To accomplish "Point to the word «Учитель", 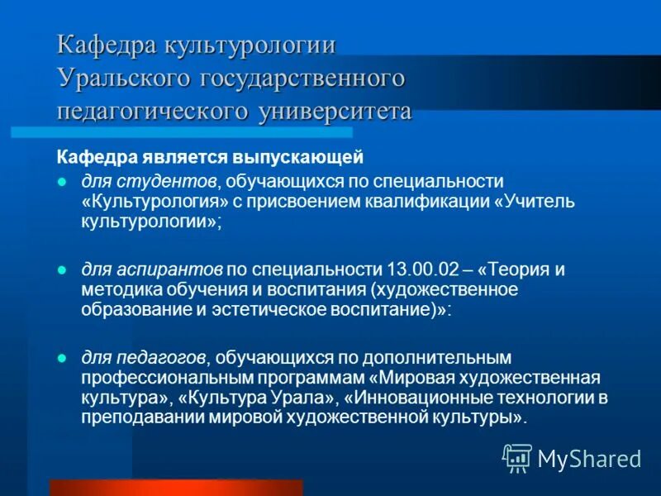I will [x=527, y=202].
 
